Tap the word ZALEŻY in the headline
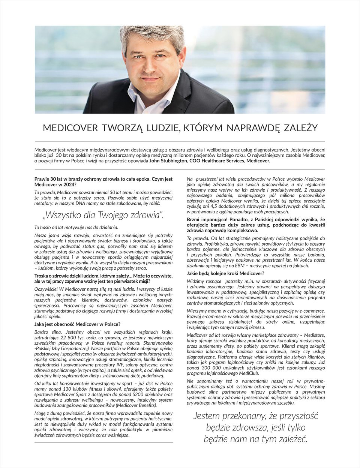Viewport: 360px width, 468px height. [300, 128]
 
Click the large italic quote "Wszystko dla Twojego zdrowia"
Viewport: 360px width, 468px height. [103, 215]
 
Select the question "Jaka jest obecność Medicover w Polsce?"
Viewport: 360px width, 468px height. [77, 324]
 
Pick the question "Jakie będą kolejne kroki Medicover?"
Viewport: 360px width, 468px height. [225, 273]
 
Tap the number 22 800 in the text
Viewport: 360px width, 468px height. [64, 337]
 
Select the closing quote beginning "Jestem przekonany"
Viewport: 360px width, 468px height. [255, 427]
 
